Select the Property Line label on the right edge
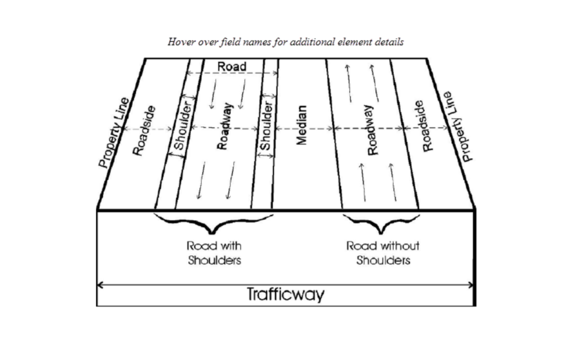click(x=458, y=126)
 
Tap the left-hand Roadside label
click(x=144, y=130)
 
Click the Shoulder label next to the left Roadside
click(x=180, y=128)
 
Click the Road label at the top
click(x=232, y=66)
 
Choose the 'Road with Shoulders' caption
click(x=214, y=253)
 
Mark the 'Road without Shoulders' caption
click(x=383, y=253)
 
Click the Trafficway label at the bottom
click(x=286, y=294)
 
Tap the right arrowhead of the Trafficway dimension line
click(x=472, y=285)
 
